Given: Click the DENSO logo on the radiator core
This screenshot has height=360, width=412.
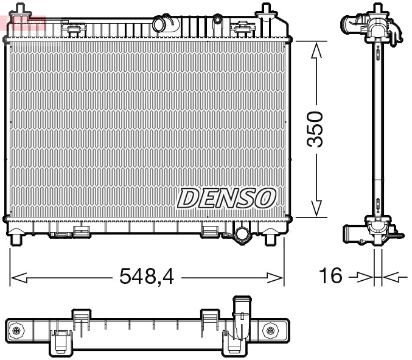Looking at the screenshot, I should click(226, 197).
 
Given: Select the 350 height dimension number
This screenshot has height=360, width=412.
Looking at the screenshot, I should click(315, 129).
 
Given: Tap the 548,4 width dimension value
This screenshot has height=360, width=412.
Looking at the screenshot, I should click(147, 277).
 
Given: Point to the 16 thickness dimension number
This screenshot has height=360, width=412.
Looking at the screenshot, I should click(332, 277).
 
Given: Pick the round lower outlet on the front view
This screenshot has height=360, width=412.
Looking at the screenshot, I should click(242, 234).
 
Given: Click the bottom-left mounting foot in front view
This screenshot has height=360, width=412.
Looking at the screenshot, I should click(17, 237).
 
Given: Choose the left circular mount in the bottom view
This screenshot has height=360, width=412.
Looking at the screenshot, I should click(16, 330).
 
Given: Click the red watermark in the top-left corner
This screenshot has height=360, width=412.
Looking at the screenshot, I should click(23, 23).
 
